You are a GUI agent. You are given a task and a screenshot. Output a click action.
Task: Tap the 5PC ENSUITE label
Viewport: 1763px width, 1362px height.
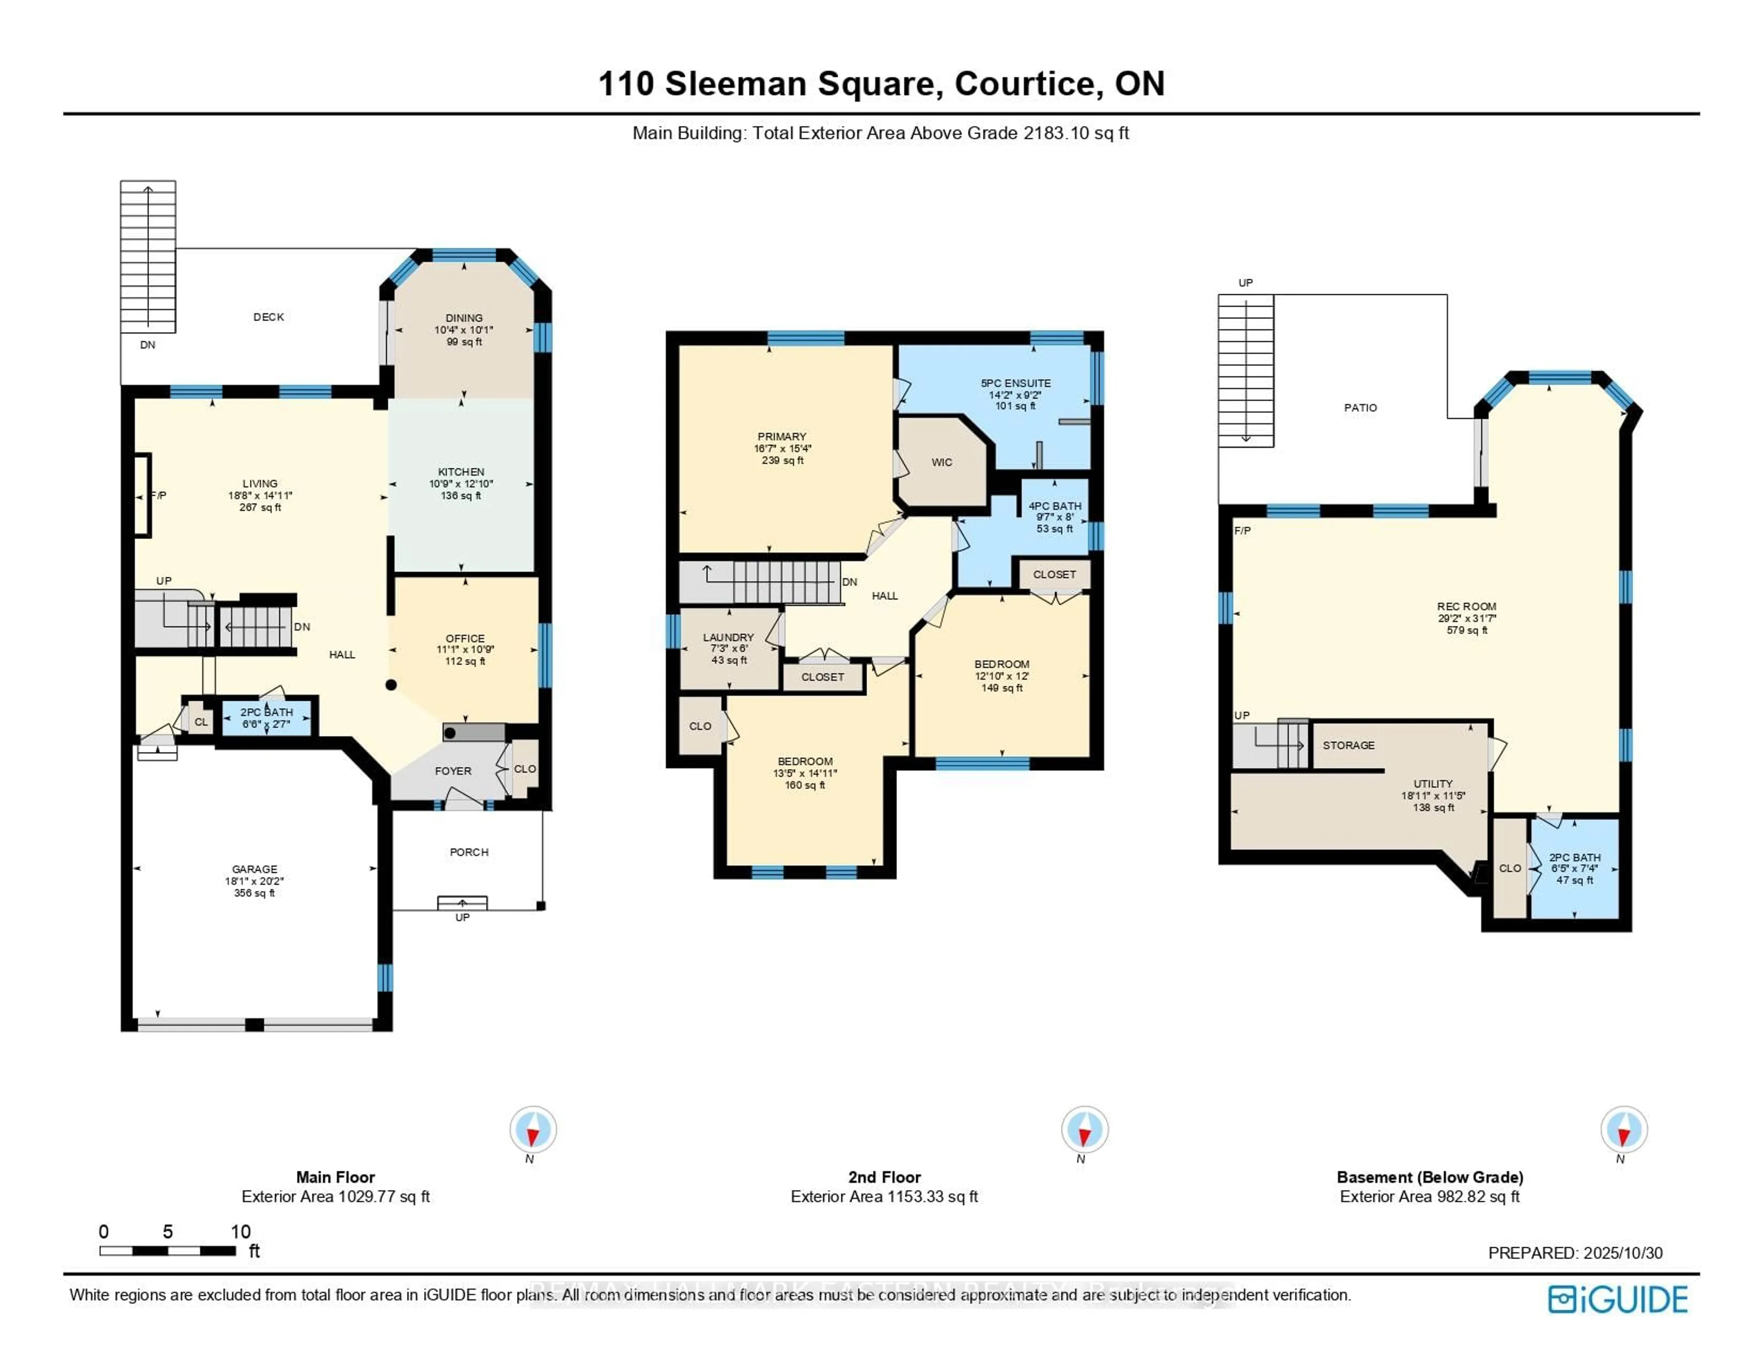1016,383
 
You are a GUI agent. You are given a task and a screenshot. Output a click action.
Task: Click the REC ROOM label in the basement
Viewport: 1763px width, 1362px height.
1466,606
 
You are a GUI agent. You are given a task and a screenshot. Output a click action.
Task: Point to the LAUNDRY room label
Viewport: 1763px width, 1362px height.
728,638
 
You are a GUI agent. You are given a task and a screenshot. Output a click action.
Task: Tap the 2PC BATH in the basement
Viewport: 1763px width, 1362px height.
1574,858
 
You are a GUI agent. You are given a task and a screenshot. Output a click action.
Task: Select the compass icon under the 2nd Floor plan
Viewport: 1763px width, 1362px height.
1084,1129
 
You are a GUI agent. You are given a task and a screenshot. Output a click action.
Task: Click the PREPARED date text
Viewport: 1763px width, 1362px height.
1575,1253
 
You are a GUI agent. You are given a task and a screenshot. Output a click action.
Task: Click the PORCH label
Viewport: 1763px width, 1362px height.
469,852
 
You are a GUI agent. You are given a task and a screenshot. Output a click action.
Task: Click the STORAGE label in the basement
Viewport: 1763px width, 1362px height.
1348,745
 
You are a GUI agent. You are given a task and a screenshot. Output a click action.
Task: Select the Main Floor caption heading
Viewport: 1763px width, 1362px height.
335,1177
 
